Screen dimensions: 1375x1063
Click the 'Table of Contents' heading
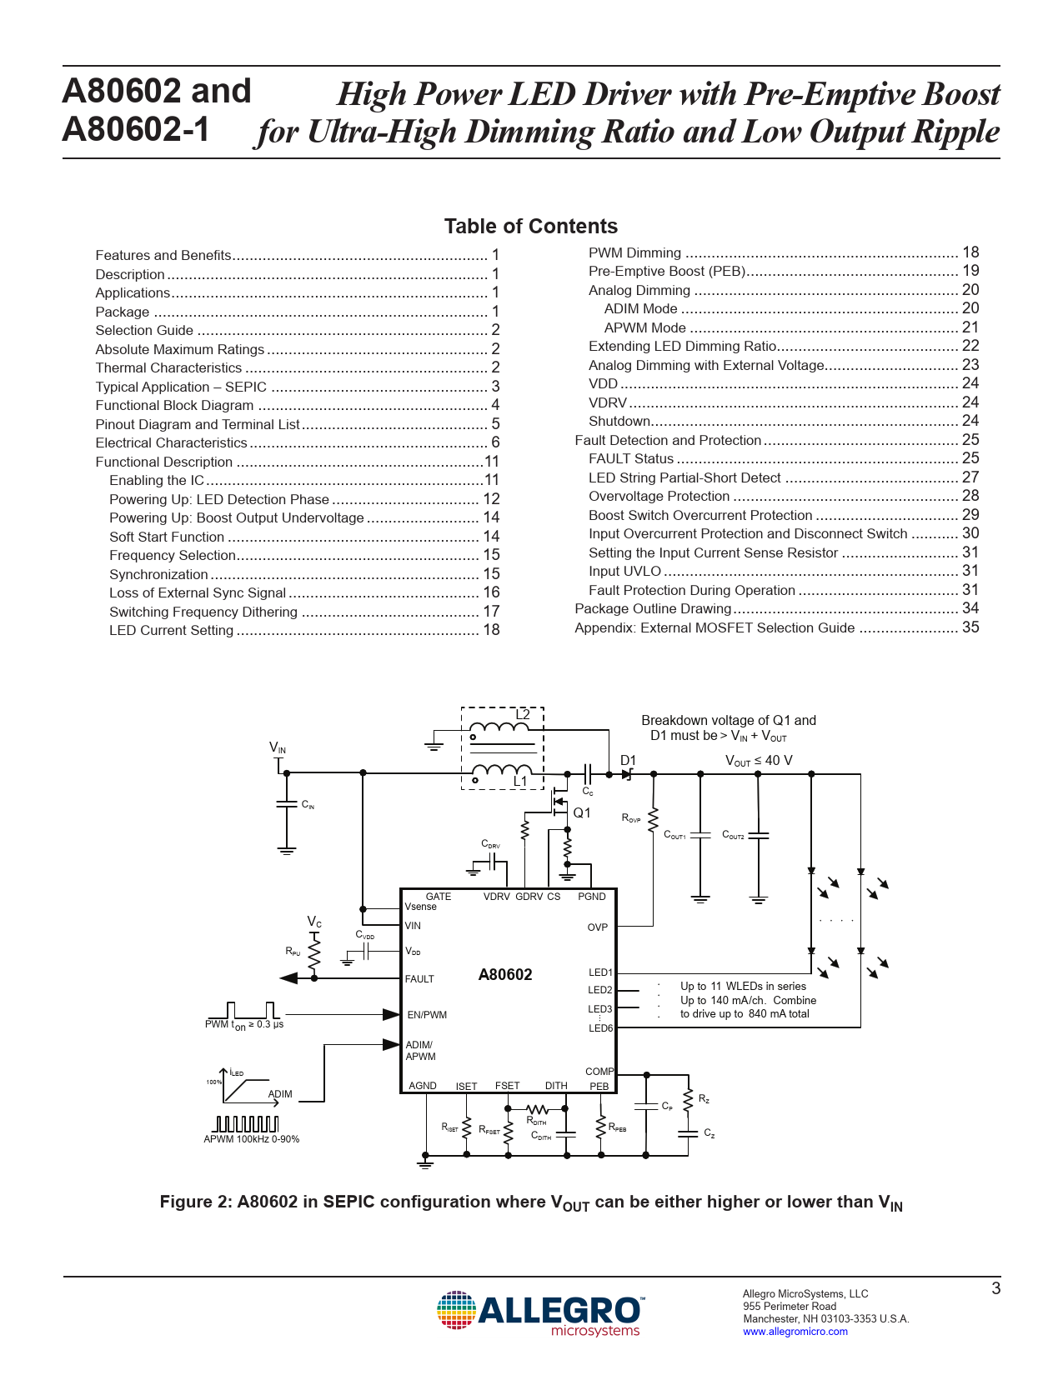pos(530,227)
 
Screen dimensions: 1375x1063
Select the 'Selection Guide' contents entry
pos(144,330)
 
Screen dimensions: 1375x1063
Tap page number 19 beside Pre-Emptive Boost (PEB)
pos(970,271)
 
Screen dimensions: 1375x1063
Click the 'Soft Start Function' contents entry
pos(167,537)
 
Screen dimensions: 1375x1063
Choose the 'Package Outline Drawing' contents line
pos(653,609)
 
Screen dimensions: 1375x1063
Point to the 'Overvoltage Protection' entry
pos(659,497)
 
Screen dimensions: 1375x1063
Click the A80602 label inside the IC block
pos(505,975)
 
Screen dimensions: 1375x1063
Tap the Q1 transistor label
pos(582,813)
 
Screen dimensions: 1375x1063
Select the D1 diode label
pos(628,760)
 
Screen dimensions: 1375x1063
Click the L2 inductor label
pos(523,715)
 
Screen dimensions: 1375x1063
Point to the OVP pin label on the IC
pos(598,927)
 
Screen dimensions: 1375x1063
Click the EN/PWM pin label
pos(427,1015)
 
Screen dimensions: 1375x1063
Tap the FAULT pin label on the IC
pos(419,979)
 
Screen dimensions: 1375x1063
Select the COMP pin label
pos(599,1072)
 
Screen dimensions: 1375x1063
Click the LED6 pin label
pos(600,1028)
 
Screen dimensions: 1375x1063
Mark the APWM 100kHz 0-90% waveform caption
pos(252,1139)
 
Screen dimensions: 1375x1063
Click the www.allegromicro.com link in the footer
pos(795,1332)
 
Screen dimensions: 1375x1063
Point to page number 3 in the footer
pos(995,1288)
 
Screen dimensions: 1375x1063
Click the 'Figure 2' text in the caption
pos(195,1202)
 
